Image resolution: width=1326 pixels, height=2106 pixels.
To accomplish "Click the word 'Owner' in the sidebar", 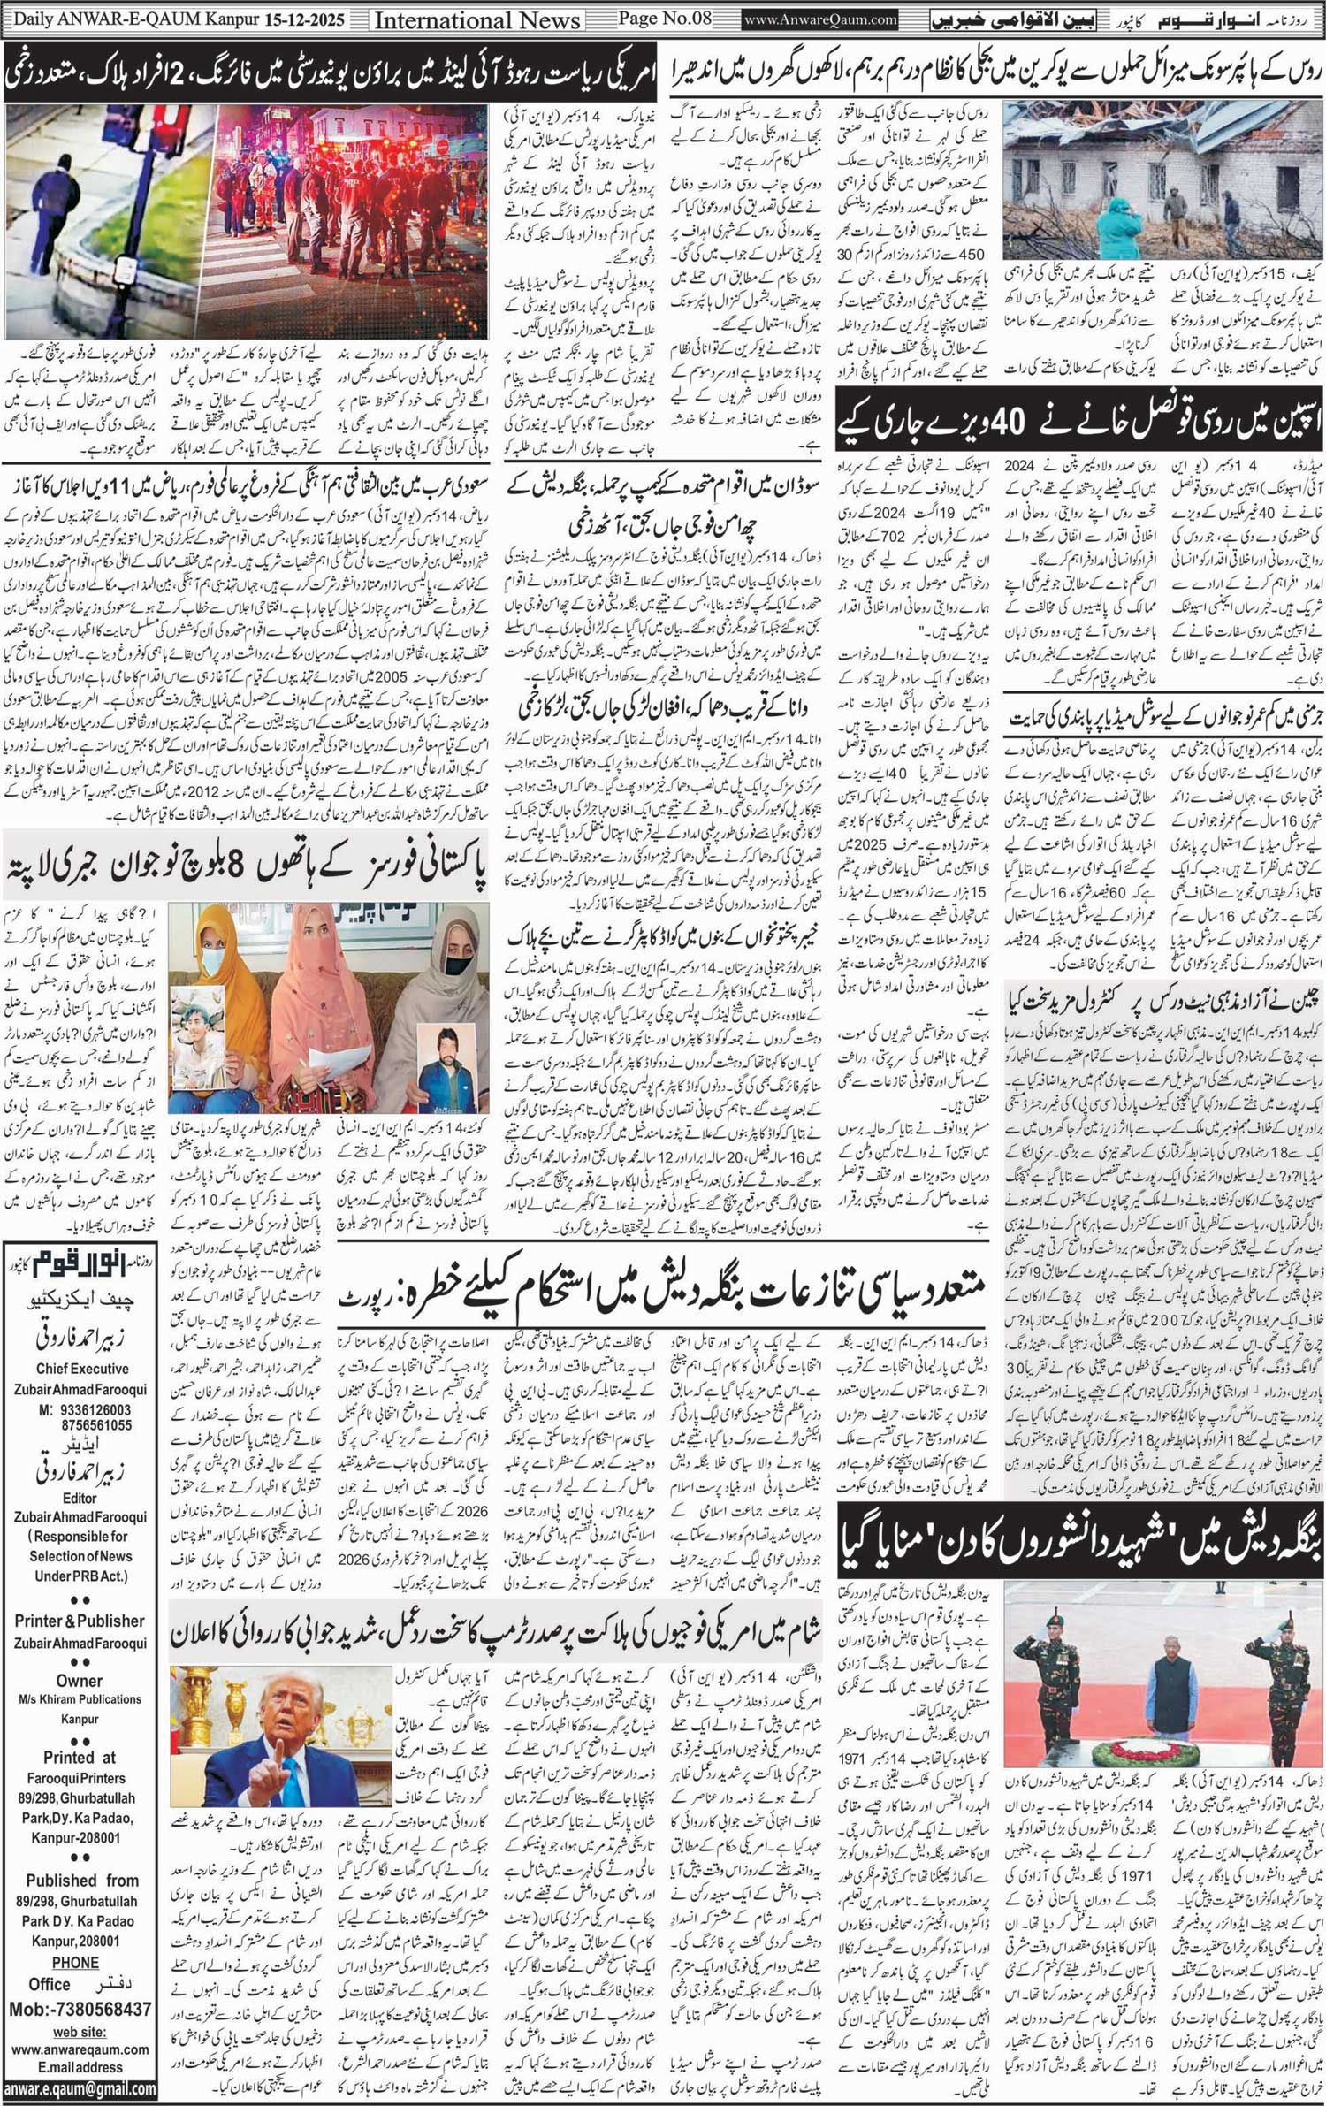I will pos(80,1680).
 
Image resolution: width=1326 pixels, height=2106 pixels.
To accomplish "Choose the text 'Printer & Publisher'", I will pos(80,1620).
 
